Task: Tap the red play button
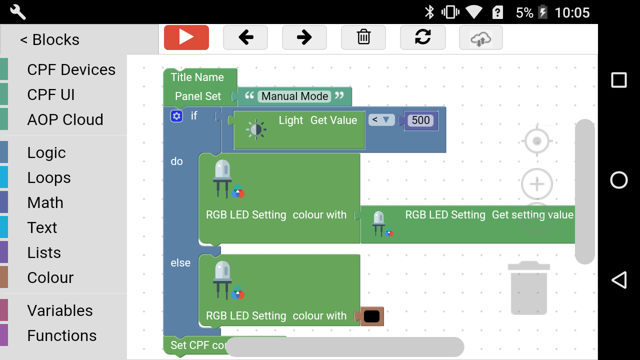pos(186,37)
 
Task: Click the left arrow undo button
pos(245,37)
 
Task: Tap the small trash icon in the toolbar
pos(363,37)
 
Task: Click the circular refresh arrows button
pos(422,37)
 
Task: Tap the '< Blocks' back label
pos(49,40)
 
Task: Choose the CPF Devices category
pos(71,70)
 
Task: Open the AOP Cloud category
pos(65,120)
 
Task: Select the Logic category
pos(46,153)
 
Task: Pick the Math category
pos(45,203)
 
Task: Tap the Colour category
pos(50,278)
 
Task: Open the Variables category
pos(60,311)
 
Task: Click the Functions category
pos(62,336)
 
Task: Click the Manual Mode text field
pos(295,96)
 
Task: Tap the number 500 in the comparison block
pos(420,120)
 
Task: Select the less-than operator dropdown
pos(381,120)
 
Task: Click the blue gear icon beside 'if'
pos(176,116)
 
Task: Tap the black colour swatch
pos(371,316)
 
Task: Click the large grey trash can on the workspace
pos(529,288)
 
